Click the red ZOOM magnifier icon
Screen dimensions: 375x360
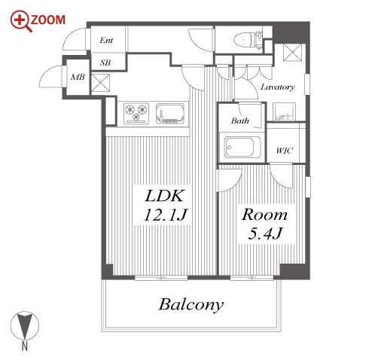20,21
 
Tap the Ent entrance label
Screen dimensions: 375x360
106,40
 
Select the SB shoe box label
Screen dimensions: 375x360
105,63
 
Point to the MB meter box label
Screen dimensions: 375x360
78,77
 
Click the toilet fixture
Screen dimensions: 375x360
248,40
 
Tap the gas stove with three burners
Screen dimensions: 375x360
136,113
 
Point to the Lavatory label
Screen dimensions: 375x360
277,87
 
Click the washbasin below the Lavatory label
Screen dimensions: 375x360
284,111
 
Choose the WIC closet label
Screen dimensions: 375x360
284,151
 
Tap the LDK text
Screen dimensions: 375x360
165,196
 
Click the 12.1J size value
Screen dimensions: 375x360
165,215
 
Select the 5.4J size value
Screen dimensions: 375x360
265,233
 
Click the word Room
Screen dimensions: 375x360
264,215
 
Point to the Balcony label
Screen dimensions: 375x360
191,305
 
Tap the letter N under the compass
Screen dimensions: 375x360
25,346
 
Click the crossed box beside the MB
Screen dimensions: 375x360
100,83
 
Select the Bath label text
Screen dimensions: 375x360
240,121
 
